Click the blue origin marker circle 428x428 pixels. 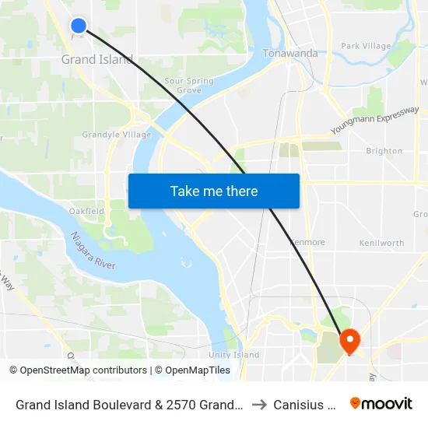[79, 26]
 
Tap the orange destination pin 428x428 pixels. [349, 340]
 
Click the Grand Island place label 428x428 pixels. [97, 59]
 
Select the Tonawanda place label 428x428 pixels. [290, 53]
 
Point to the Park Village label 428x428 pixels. [366, 46]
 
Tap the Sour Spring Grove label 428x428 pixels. [183, 86]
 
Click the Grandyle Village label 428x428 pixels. [117, 135]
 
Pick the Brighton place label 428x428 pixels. [384, 151]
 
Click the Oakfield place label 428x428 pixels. [86, 211]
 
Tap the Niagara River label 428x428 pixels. [93, 251]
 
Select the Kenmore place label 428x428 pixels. [307, 242]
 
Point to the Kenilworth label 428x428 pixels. [381, 243]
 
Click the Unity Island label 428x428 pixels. [233, 355]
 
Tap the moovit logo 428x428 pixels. [381, 403]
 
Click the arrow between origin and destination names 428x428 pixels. [261, 404]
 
